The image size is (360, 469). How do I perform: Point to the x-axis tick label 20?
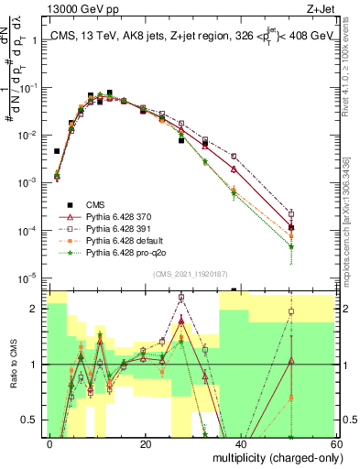coord(146,444)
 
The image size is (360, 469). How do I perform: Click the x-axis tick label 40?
coord(241,444)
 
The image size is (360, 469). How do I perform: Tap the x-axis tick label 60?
coord(336,444)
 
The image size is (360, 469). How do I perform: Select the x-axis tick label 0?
coord(50,444)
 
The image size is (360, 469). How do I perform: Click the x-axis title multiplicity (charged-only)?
coord(274,456)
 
